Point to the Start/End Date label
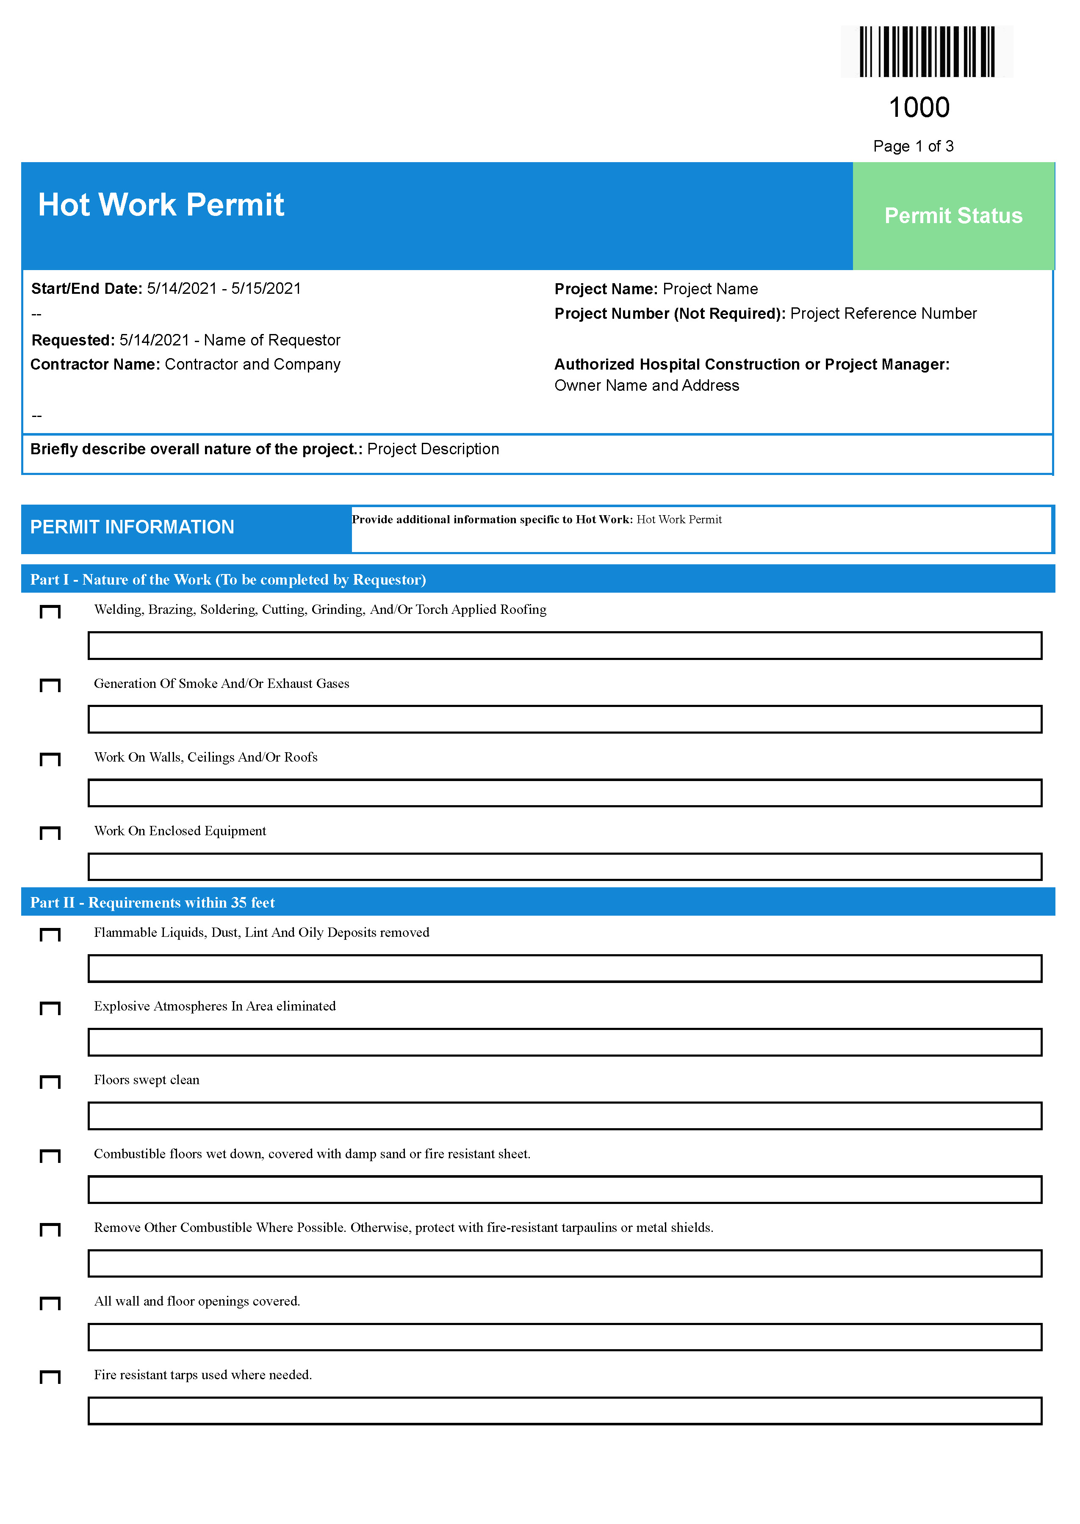click(86, 288)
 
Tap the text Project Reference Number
click(883, 314)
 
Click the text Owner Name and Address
click(646, 386)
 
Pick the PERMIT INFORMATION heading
click(132, 527)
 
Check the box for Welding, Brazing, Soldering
click(50, 611)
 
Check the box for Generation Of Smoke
click(50, 685)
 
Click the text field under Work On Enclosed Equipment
click(565, 867)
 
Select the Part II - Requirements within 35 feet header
click(152, 903)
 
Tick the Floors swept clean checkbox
click(50, 1082)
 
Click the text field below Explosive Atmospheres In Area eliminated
click(565, 1042)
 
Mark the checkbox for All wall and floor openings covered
click(50, 1303)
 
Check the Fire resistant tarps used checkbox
click(50, 1377)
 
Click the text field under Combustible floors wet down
click(565, 1190)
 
